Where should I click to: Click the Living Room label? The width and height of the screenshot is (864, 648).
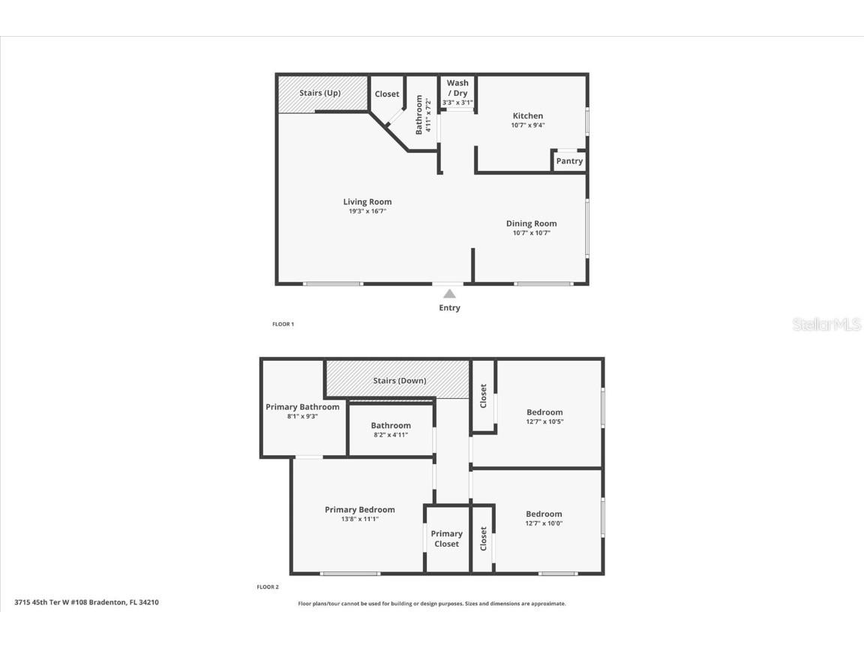click(x=367, y=202)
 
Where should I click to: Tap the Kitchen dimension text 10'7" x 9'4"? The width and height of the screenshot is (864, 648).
click(x=527, y=125)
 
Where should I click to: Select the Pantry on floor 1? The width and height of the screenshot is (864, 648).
click(x=569, y=161)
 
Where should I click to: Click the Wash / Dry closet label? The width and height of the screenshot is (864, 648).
click(x=457, y=88)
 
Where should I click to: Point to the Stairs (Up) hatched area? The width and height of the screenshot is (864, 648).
click(x=321, y=94)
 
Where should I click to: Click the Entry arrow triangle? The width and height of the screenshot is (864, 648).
click(x=449, y=294)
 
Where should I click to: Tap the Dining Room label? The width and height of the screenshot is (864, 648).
click(x=531, y=223)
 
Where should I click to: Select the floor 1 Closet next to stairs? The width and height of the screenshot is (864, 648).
click(x=387, y=94)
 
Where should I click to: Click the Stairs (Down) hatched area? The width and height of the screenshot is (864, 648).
click(x=399, y=380)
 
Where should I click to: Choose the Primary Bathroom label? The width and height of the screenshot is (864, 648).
click(x=302, y=407)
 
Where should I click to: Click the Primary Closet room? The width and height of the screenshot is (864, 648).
click(x=446, y=538)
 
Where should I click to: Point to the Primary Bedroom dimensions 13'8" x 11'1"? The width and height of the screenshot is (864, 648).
click(x=359, y=519)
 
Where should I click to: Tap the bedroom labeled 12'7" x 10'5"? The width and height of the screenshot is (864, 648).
click(x=544, y=416)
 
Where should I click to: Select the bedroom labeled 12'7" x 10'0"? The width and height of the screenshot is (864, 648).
click(x=544, y=518)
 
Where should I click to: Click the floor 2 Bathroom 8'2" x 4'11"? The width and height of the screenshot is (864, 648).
click(x=391, y=430)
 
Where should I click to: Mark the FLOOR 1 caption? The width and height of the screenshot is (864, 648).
click(x=283, y=325)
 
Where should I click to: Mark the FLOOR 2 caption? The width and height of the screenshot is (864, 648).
click(x=268, y=587)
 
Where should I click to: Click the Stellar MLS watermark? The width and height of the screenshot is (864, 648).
click(x=826, y=325)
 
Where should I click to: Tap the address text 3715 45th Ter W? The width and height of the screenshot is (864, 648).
click(x=86, y=602)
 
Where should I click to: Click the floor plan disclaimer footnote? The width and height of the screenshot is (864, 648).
click(x=432, y=604)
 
